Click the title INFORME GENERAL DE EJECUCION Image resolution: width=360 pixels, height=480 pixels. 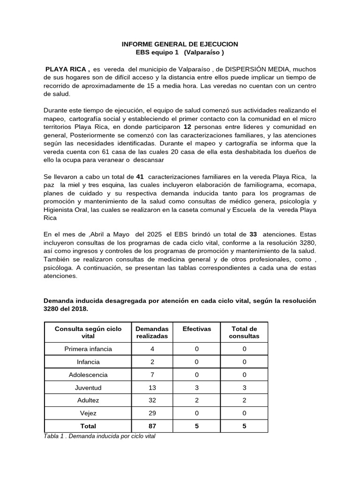point(180,44)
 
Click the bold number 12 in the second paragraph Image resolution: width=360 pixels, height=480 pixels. point(187,127)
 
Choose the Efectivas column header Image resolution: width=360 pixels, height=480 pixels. point(196,329)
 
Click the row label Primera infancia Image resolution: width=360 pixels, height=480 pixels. point(88,349)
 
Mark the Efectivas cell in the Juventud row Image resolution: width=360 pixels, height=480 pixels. point(196,388)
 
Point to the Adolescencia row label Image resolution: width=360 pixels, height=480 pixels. point(88,375)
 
